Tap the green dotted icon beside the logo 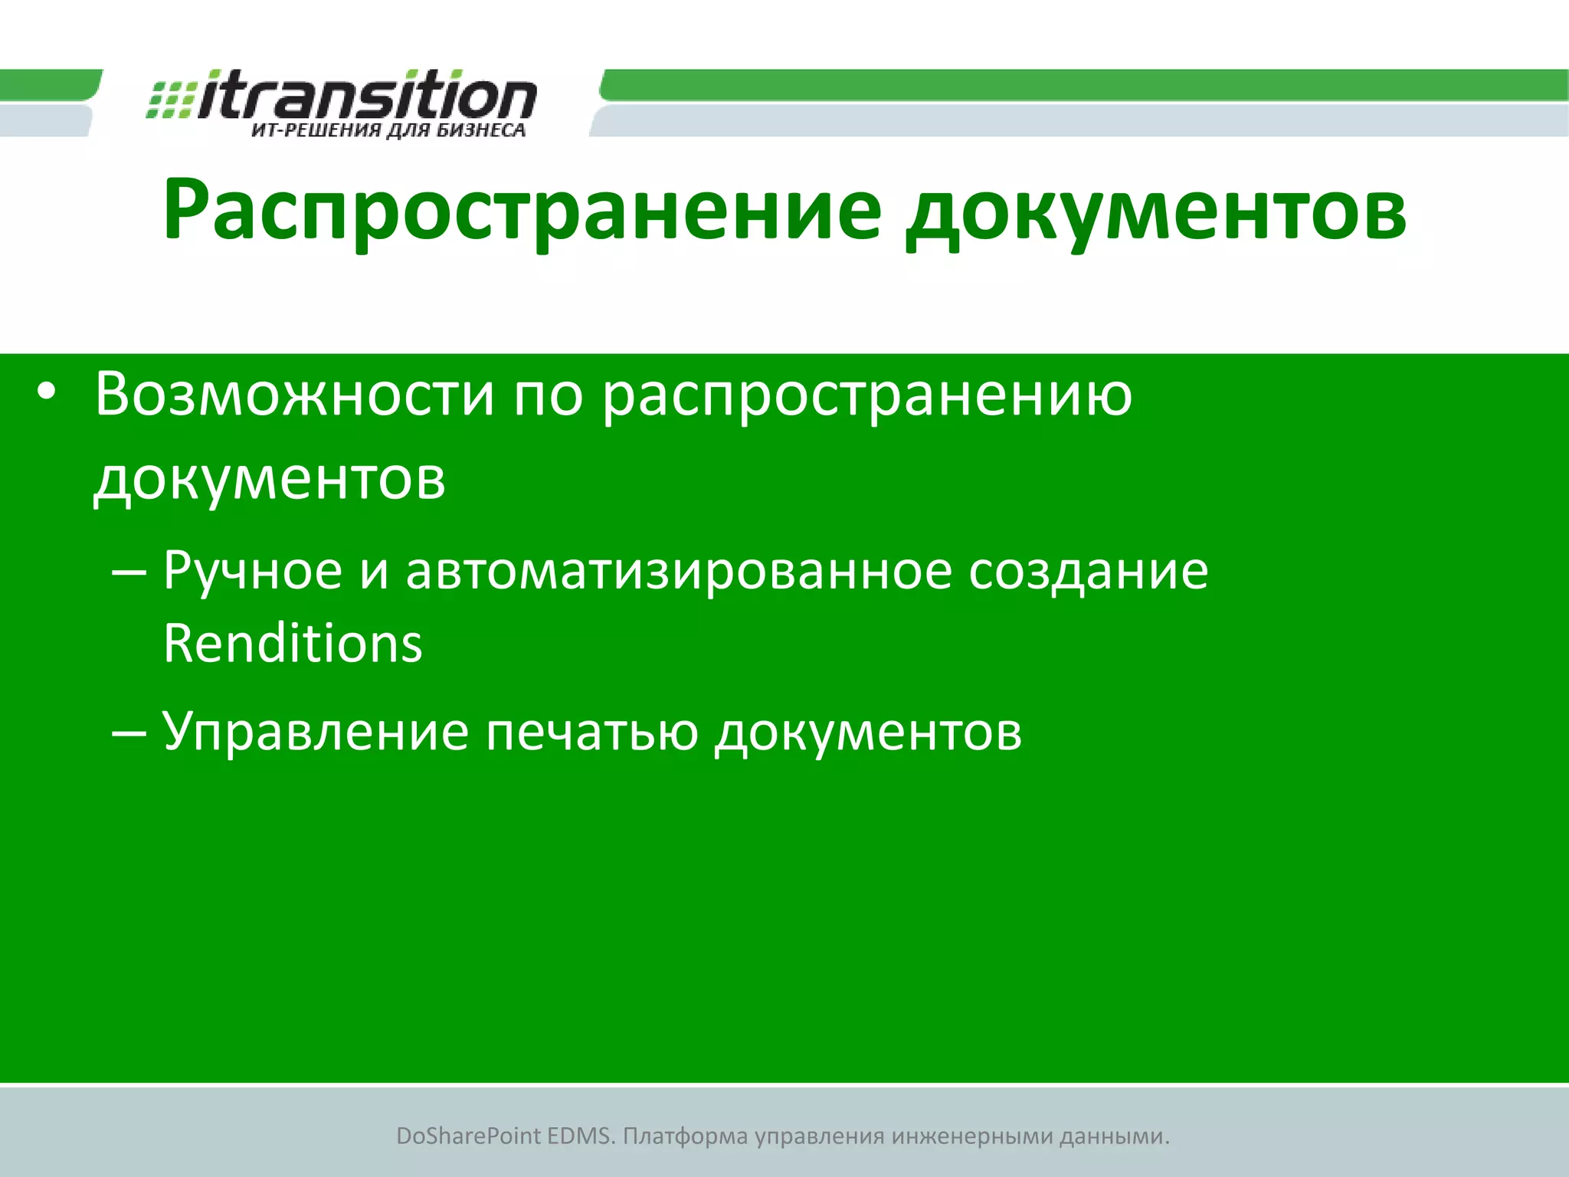[x=170, y=100]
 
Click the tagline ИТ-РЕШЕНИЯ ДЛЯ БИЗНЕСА [x=388, y=130]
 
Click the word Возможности [x=295, y=395]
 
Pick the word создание [x=1088, y=571]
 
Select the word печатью [x=591, y=732]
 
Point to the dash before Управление [x=129, y=733]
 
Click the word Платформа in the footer [x=685, y=1136]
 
